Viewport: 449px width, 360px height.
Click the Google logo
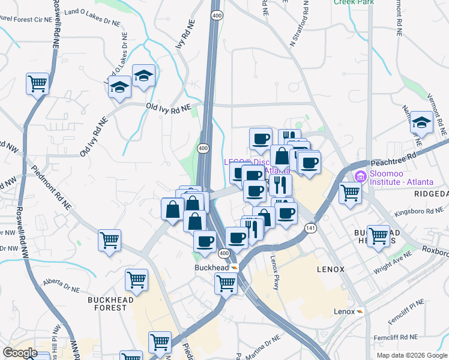tap(20, 353)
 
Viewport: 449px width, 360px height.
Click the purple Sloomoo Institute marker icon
tap(360, 176)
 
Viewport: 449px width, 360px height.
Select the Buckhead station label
tap(211, 267)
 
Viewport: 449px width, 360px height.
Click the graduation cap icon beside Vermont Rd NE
tap(422, 123)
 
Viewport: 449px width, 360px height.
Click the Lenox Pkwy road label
tap(275, 272)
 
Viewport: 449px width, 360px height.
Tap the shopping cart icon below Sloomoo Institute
tap(350, 193)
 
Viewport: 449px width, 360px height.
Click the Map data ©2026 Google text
tap(411, 355)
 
